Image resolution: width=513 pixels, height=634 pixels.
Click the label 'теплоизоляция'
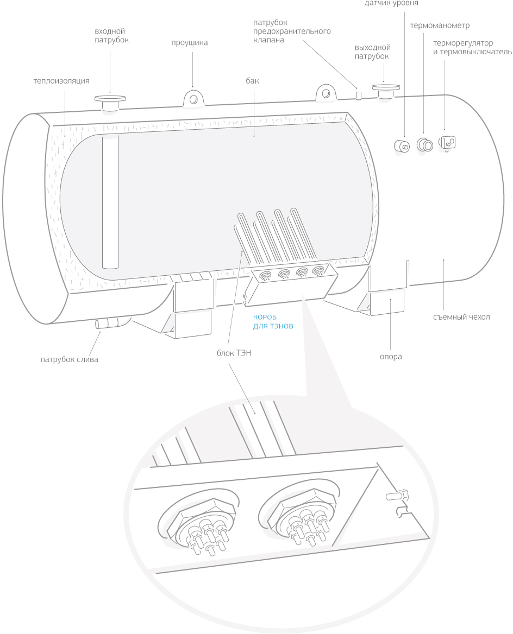click(x=61, y=81)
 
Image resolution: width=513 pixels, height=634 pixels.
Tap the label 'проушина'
click(x=190, y=43)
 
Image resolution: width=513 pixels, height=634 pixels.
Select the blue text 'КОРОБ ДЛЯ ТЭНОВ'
click(x=273, y=322)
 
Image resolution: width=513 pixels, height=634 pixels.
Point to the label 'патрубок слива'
click(x=70, y=359)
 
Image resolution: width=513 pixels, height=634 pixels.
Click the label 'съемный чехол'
click(x=462, y=317)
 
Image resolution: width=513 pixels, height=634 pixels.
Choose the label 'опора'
click(x=391, y=357)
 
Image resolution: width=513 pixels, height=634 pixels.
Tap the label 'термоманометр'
click(x=440, y=26)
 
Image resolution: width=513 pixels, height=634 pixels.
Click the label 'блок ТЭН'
click(x=234, y=353)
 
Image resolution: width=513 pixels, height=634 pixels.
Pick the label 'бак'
click(x=252, y=81)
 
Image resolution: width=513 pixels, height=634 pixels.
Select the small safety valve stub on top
click(x=358, y=95)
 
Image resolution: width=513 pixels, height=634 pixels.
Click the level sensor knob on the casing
click(x=403, y=145)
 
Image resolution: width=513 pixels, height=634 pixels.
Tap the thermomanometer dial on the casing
click(x=424, y=144)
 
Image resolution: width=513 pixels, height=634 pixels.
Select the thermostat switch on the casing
click(x=448, y=142)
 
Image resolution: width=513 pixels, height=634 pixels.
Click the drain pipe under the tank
click(x=110, y=324)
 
